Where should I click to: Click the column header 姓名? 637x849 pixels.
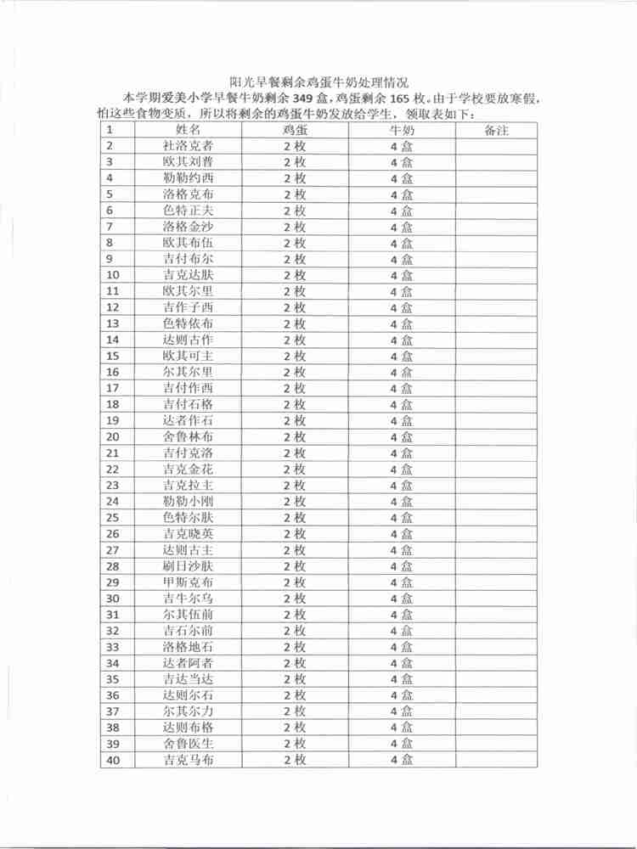pos(188,130)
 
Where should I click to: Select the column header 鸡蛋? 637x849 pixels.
pos(295,130)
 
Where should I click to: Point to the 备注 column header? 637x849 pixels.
pos(496,130)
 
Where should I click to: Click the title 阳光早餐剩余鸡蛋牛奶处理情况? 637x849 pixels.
pos(318,82)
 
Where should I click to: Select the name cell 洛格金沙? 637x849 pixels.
pos(188,227)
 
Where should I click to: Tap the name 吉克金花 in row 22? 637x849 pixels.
pos(188,469)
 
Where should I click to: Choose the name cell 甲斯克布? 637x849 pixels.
pos(188,582)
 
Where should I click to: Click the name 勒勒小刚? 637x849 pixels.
pos(188,502)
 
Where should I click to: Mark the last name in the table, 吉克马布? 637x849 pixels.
pos(188,760)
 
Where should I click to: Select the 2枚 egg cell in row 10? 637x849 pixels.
pos(295,275)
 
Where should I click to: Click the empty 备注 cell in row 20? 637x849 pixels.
pos(496,437)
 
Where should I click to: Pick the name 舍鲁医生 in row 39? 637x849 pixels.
pos(188,744)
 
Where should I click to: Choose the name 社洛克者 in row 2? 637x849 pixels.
pos(188,146)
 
